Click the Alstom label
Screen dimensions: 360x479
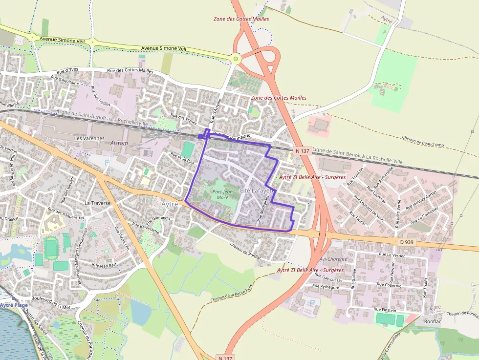tap(119, 143)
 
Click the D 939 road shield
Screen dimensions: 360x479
tap(406, 242)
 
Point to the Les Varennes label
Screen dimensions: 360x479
tap(89, 138)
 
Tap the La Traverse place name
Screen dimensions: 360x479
tap(98, 203)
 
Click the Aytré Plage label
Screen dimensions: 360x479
tap(14, 305)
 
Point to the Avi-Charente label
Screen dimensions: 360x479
tap(333, 259)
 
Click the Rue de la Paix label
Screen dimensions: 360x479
tap(182, 158)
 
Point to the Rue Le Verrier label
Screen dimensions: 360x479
tap(392, 254)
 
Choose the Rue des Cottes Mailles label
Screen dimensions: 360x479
tap(131, 70)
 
